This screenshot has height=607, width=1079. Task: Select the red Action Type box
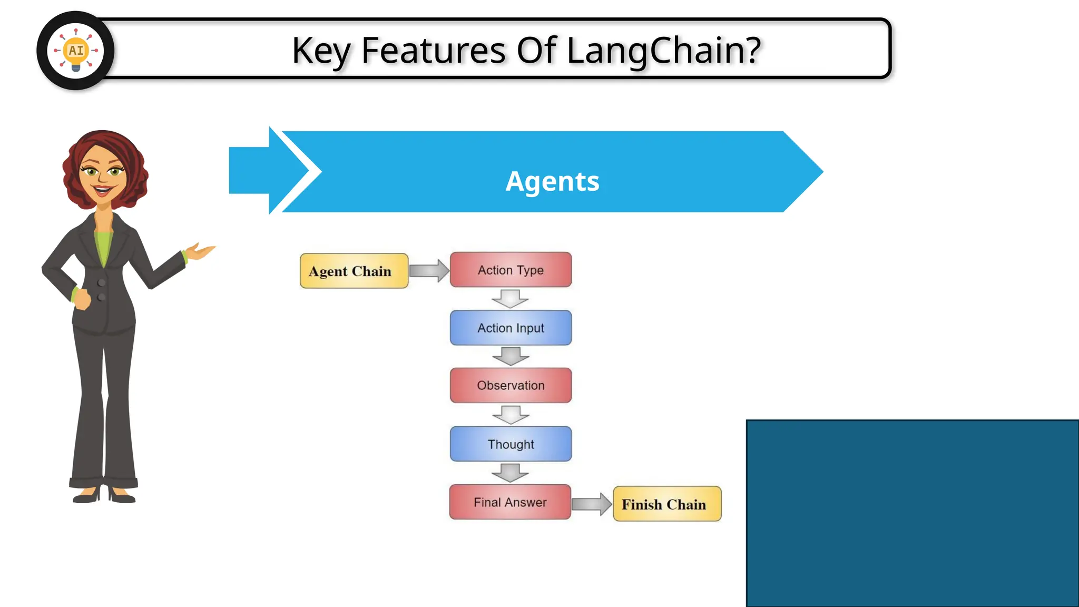[511, 270]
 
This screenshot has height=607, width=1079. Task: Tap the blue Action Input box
[511, 328]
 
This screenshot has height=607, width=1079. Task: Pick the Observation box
[511, 385]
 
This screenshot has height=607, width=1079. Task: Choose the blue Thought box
[511, 444]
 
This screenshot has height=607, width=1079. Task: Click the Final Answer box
[509, 502]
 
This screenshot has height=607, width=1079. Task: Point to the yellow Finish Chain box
[666, 504]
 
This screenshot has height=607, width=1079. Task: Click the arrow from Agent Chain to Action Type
[429, 271]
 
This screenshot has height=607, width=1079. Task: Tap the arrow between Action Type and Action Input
[510, 299]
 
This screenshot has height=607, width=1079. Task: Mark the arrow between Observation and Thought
[511, 415]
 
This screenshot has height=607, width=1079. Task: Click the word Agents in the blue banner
[552, 181]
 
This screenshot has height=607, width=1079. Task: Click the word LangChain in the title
[664, 51]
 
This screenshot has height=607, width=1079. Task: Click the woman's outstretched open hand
[201, 251]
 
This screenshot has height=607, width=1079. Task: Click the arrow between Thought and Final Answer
[510, 473]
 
